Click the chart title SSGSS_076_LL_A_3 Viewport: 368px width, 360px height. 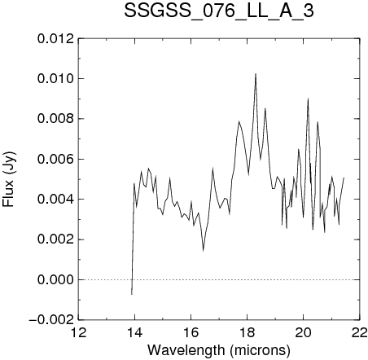pos(219,11)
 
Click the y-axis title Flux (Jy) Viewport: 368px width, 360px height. pos(9,179)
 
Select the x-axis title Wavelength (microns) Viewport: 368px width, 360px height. pos(219,350)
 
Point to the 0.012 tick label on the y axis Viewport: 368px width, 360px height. pos(55,39)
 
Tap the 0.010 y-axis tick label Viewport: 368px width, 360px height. pos(55,79)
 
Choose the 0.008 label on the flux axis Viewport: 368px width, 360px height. pos(55,119)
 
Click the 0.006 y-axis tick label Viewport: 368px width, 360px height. pos(55,159)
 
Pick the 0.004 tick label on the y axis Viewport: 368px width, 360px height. pos(55,200)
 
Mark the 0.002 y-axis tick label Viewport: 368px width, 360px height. pos(55,239)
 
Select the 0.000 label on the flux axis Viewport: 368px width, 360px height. pos(55,279)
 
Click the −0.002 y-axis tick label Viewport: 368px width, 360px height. pos(51,320)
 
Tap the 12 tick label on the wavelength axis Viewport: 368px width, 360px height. pos(79,332)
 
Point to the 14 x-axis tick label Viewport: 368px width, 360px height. pos(135,332)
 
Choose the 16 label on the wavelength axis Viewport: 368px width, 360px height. pos(191,332)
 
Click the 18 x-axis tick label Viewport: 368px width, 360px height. pos(248,332)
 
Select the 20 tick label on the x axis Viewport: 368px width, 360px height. pos(304,332)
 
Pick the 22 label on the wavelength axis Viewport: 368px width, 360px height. pos(360,332)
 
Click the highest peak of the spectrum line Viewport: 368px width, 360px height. pos(256,74)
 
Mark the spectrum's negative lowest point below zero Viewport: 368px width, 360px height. pos(132,294)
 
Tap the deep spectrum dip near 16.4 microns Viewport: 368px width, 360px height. pos(203,251)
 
